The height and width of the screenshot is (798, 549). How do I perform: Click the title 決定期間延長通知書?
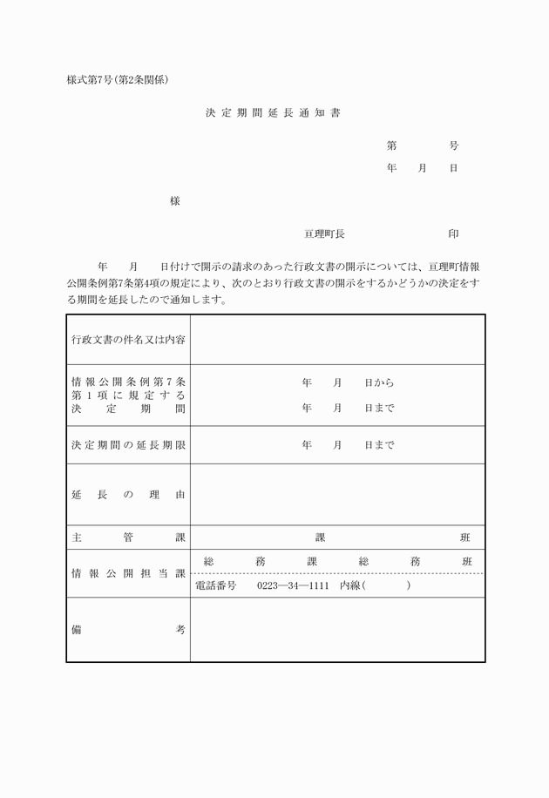coord(274,113)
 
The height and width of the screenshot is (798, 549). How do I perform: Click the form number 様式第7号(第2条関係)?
coord(117,80)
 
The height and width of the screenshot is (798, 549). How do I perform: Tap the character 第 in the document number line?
coord(392,145)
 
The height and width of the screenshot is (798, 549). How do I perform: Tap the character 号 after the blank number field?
coord(454,145)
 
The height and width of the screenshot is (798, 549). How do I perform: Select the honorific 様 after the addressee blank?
coord(175,201)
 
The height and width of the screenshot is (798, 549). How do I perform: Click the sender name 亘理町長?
coord(324,234)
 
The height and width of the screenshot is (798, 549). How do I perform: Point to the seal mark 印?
coord(454,234)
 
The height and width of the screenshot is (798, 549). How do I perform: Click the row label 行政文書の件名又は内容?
coord(128,339)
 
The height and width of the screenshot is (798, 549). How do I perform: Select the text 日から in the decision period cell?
coord(379,382)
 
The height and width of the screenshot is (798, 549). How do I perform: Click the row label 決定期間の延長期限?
coord(128,445)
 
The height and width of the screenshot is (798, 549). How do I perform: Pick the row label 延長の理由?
coord(128,495)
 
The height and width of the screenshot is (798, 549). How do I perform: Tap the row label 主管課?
coord(128,538)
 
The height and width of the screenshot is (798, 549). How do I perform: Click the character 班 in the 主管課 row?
coord(466,538)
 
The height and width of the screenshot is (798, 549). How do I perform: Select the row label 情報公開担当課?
coord(128,573)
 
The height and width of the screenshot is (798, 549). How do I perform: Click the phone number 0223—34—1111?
coord(293,585)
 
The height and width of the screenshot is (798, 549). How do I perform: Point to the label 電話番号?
coord(219,585)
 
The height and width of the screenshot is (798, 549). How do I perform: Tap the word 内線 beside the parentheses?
coord(350,585)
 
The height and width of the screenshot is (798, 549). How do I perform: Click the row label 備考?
coord(128,630)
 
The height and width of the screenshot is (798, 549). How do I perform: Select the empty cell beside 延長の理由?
coord(337,495)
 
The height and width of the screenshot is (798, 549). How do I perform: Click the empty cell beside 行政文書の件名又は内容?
coord(337,339)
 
